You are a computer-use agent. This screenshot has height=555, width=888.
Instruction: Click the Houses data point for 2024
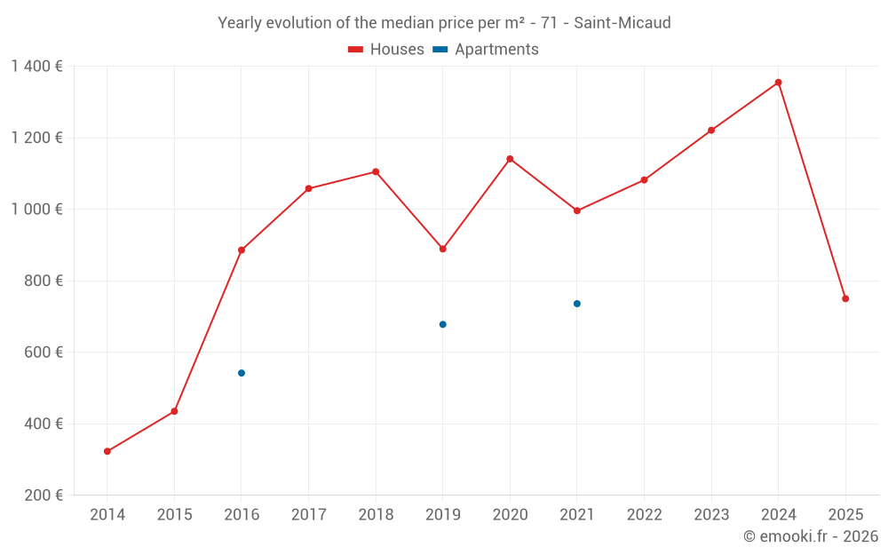pos(778,83)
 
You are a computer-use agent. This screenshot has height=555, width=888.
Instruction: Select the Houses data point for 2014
pos(107,451)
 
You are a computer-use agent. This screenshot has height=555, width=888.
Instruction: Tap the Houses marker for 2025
pos(845,298)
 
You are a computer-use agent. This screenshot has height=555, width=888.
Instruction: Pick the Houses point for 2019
pos(442,249)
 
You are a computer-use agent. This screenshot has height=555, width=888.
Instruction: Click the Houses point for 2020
pos(510,159)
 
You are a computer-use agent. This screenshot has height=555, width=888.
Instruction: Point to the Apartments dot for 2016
pos(242,373)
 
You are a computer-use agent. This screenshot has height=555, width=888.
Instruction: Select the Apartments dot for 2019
pos(442,324)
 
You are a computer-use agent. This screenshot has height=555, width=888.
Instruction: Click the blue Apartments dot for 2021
pos(577,304)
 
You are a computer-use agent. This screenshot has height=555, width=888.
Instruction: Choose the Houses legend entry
pos(386,50)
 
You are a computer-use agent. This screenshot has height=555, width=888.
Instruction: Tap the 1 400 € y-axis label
pos(36,66)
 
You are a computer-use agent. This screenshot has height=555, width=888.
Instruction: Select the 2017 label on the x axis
pos(308,515)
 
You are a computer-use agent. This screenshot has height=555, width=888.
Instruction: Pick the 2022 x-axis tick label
pos(644,515)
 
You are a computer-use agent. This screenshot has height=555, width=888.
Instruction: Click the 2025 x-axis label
pos(845,515)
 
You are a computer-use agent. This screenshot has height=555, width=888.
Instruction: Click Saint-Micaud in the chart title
pos(622,22)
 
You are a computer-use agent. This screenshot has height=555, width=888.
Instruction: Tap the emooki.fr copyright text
pos(810,536)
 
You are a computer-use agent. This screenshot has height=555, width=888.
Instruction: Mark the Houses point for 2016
pos(242,250)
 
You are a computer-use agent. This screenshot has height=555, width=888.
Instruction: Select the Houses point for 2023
pos(711,131)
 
